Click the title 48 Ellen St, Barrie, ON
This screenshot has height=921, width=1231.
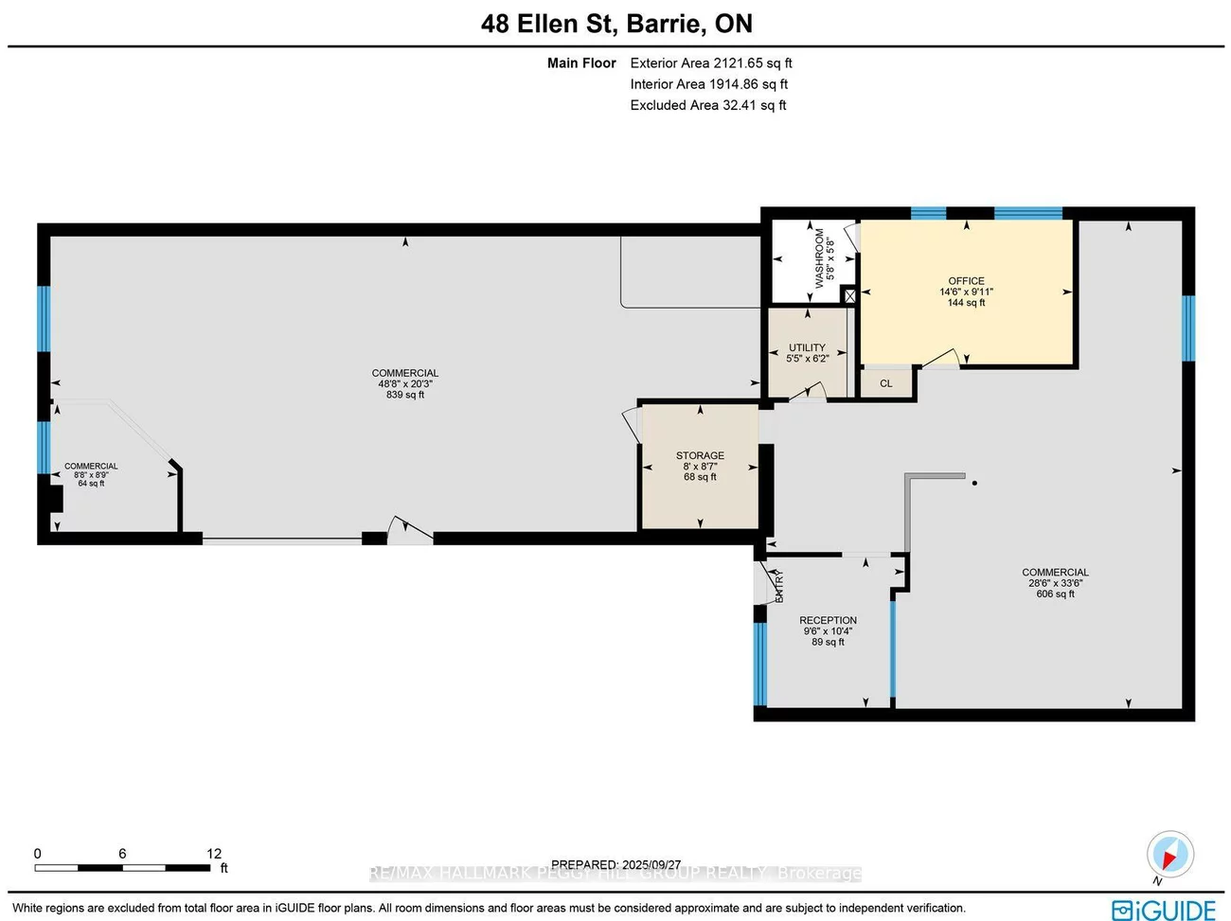(616, 24)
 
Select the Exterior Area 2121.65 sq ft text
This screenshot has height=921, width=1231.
(710, 63)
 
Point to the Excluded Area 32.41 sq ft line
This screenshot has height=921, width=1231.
(707, 105)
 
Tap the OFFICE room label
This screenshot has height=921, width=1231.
(966, 281)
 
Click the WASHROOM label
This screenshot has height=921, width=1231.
(820, 257)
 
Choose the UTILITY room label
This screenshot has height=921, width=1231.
(807, 347)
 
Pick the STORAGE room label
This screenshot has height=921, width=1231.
(700, 455)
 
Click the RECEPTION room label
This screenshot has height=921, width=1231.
(828, 621)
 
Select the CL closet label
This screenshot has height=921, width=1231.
(886, 383)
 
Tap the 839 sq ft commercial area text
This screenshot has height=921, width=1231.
(405, 395)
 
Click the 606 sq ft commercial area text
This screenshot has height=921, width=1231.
(1055, 594)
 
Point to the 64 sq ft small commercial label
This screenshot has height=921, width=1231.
(91, 484)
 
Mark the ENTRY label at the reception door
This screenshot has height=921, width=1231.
(779, 586)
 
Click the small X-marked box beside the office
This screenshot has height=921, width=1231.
(849, 296)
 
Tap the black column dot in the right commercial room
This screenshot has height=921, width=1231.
(974, 483)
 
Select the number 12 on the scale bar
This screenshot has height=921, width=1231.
(214, 854)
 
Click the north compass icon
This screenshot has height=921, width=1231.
(1169, 855)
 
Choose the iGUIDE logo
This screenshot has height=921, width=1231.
(1164, 910)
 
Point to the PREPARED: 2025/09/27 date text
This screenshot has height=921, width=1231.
(615, 864)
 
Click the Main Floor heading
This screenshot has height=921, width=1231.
(581, 63)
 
